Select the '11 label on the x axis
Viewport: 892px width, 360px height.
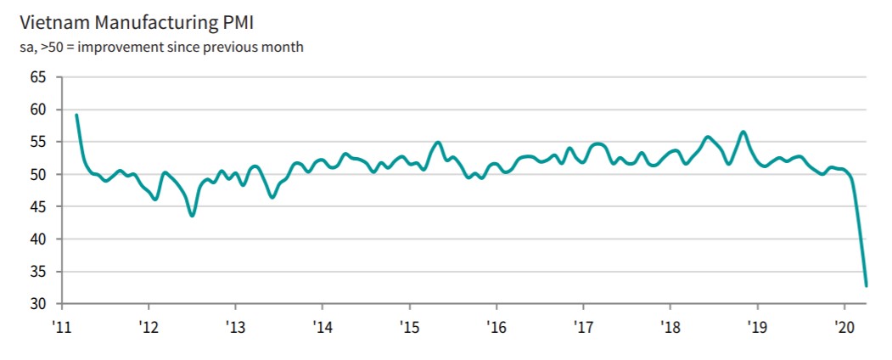61,326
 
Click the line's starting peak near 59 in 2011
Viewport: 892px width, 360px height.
76,115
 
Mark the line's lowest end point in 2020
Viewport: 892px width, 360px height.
866,285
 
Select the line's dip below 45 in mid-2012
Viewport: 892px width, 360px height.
193,216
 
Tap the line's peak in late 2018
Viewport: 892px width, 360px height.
743,132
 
